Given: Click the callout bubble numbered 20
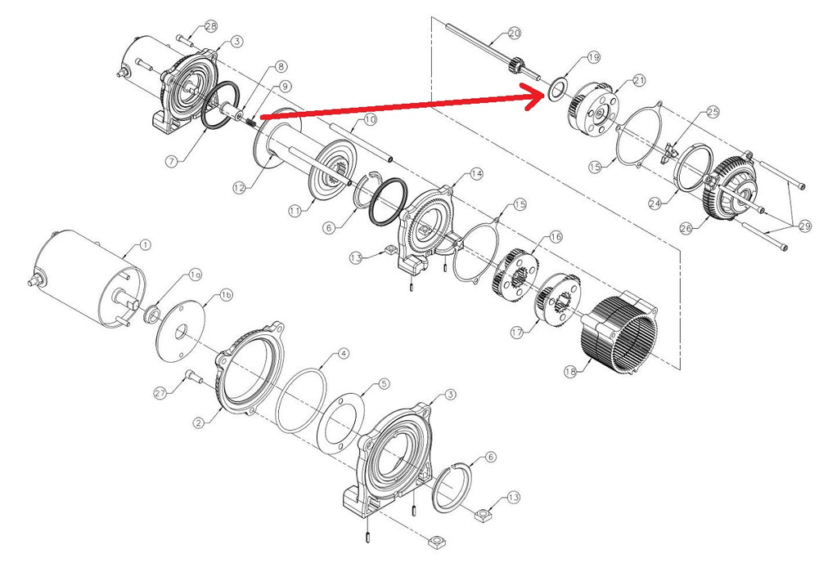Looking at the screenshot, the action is [x=514, y=34].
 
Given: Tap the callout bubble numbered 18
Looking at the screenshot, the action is [x=569, y=372].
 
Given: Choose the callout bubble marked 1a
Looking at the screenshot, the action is [x=196, y=275].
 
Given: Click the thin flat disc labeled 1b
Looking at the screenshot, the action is [x=181, y=331].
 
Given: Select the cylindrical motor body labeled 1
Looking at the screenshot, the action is [x=87, y=279].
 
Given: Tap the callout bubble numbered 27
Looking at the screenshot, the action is [x=160, y=393].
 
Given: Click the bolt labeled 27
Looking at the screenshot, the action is [x=193, y=377].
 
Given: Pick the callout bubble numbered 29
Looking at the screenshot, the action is [x=805, y=226].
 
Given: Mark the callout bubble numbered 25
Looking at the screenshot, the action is [x=713, y=112].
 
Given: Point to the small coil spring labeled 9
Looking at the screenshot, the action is [x=251, y=121].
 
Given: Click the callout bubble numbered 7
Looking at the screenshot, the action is [x=171, y=161].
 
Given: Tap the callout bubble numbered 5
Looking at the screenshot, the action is [x=384, y=384].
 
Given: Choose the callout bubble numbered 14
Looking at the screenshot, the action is [x=476, y=173].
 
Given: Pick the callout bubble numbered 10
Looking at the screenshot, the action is [x=370, y=119].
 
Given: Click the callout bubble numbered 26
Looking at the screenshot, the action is [x=686, y=229].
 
